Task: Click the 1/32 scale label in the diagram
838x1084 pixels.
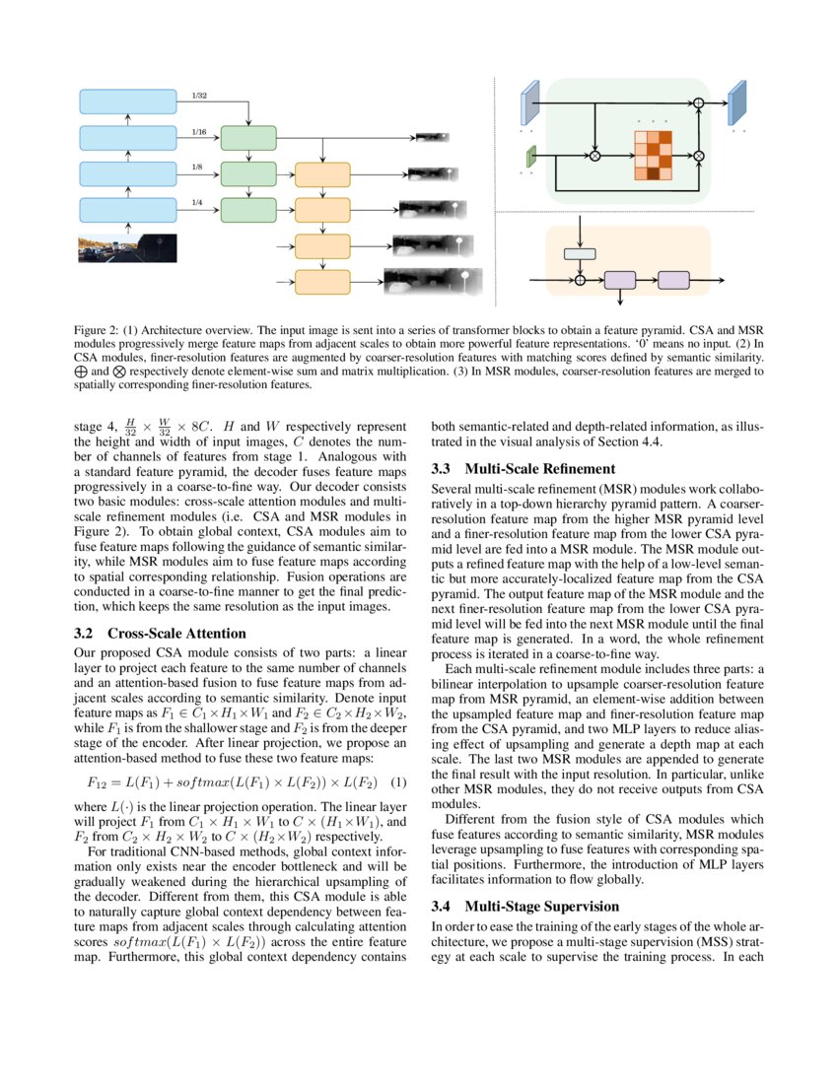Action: click(x=200, y=97)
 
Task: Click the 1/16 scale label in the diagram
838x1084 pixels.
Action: click(x=199, y=132)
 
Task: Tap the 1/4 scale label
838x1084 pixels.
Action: click(x=198, y=203)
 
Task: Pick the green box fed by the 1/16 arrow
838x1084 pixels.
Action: click(x=248, y=138)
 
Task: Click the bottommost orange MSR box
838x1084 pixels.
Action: click(x=322, y=280)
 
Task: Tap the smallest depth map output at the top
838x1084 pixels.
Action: click(x=431, y=138)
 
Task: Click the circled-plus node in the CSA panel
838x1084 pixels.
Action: click(x=699, y=102)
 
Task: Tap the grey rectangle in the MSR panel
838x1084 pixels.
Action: click(x=580, y=253)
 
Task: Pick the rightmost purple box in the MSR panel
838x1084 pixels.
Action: click(x=673, y=280)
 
